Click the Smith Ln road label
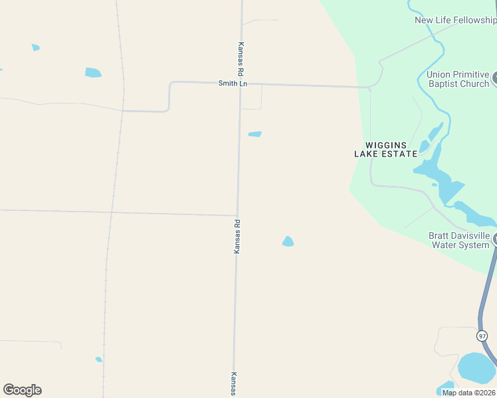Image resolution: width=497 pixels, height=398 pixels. [233, 84]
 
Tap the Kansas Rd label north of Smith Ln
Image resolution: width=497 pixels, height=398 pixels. [241, 58]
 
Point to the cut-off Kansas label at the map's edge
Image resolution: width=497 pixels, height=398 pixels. [234, 384]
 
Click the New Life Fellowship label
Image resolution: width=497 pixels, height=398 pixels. [455, 20]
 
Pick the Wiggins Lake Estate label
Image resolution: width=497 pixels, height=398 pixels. [385, 149]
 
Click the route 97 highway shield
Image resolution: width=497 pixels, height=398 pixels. [482, 336]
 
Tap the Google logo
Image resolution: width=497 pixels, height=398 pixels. [22, 390]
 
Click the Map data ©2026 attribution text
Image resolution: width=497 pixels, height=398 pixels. [468, 392]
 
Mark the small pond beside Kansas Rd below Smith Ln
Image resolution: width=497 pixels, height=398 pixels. [254, 134]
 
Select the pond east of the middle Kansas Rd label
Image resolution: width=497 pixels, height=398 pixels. [288, 241]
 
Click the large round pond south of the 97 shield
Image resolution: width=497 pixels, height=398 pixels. [476, 367]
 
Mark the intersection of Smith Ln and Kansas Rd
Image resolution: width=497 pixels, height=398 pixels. [241, 84]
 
